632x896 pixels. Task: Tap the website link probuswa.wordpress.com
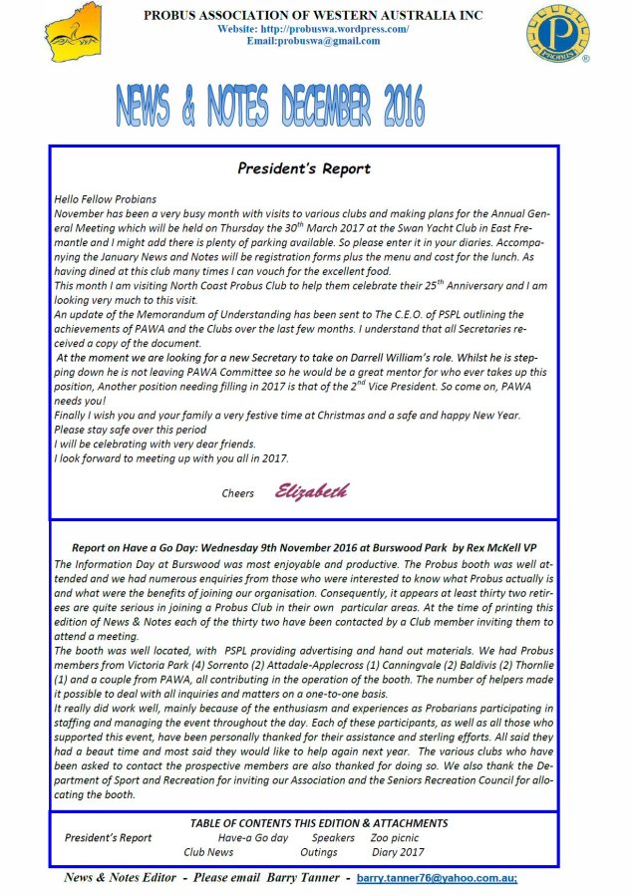click(312, 29)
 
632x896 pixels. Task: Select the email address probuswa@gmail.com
click(312, 41)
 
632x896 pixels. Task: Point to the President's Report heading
click(303, 168)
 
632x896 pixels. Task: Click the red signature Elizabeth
click(312, 491)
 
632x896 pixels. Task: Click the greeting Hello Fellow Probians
click(106, 199)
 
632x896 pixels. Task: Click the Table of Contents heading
click(319, 823)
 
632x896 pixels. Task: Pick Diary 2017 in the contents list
click(397, 852)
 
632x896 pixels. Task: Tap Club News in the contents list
click(208, 852)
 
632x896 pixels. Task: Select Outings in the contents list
click(318, 852)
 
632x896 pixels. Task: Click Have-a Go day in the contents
click(253, 838)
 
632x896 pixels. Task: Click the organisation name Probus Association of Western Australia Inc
click(312, 16)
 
